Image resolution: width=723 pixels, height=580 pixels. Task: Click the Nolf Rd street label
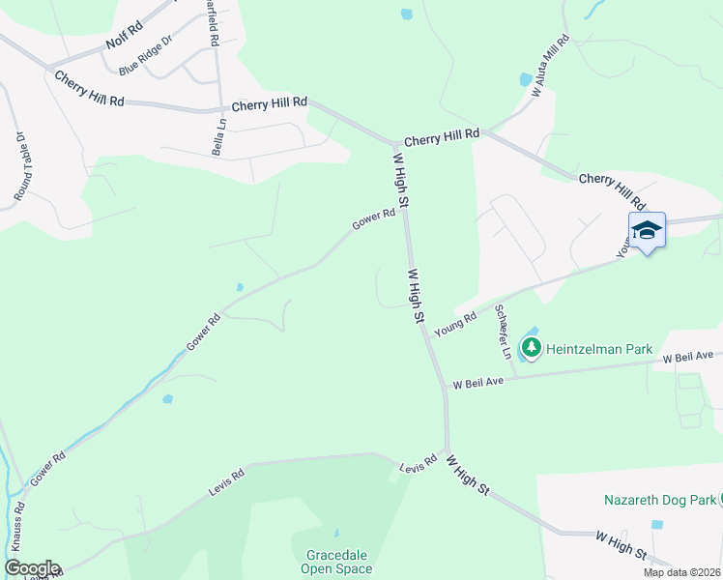click(x=125, y=42)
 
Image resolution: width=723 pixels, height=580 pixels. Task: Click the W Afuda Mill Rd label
click(x=551, y=66)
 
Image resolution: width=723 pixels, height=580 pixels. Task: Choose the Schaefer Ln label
click(x=504, y=331)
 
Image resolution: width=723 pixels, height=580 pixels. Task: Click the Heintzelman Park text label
click(x=599, y=349)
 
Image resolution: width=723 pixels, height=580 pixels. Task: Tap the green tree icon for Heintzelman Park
click(x=530, y=346)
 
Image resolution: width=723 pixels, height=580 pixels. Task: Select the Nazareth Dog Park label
click(x=660, y=500)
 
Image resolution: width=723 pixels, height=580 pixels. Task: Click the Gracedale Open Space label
click(x=338, y=562)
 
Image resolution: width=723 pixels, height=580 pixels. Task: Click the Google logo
click(x=31, y=568)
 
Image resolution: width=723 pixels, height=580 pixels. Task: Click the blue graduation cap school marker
click(x=647, y=230)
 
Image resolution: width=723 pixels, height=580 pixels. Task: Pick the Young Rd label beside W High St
click(x=455, y=324)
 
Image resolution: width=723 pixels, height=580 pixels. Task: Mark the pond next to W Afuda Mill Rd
click(x=525, y=78)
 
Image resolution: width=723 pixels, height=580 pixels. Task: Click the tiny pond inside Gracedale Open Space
click(x=336, y=533)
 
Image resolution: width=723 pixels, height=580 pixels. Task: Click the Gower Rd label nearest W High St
click(x=374, y=220)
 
